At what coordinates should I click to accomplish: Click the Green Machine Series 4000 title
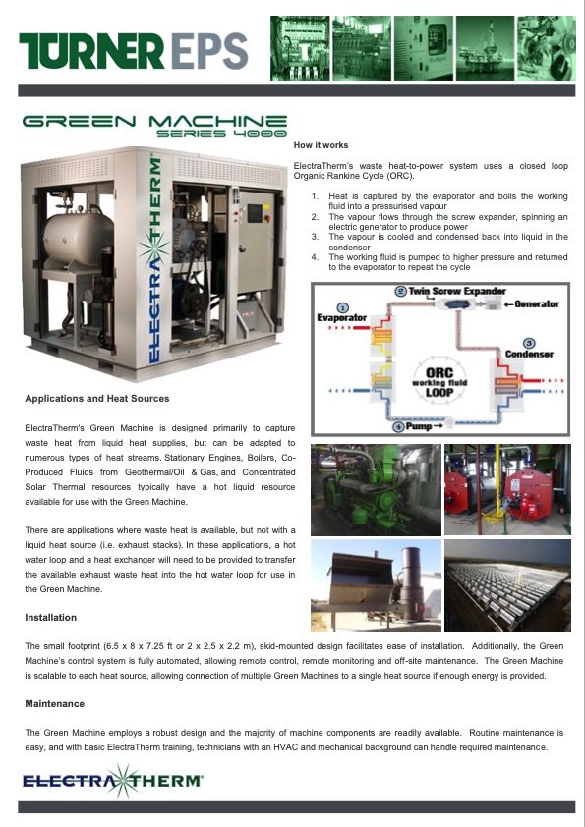click(x=154, y=126)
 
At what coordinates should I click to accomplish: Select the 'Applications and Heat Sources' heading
click(x=97, y=399)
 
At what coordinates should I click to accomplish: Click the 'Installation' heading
click(x=51, y=618)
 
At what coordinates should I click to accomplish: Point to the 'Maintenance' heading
click(x=54, y=704)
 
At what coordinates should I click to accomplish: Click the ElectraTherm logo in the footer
click(x=113, y=780)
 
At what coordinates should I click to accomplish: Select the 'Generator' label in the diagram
click(x=537, y=304)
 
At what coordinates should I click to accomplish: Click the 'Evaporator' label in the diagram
click(x=341, y=318)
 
